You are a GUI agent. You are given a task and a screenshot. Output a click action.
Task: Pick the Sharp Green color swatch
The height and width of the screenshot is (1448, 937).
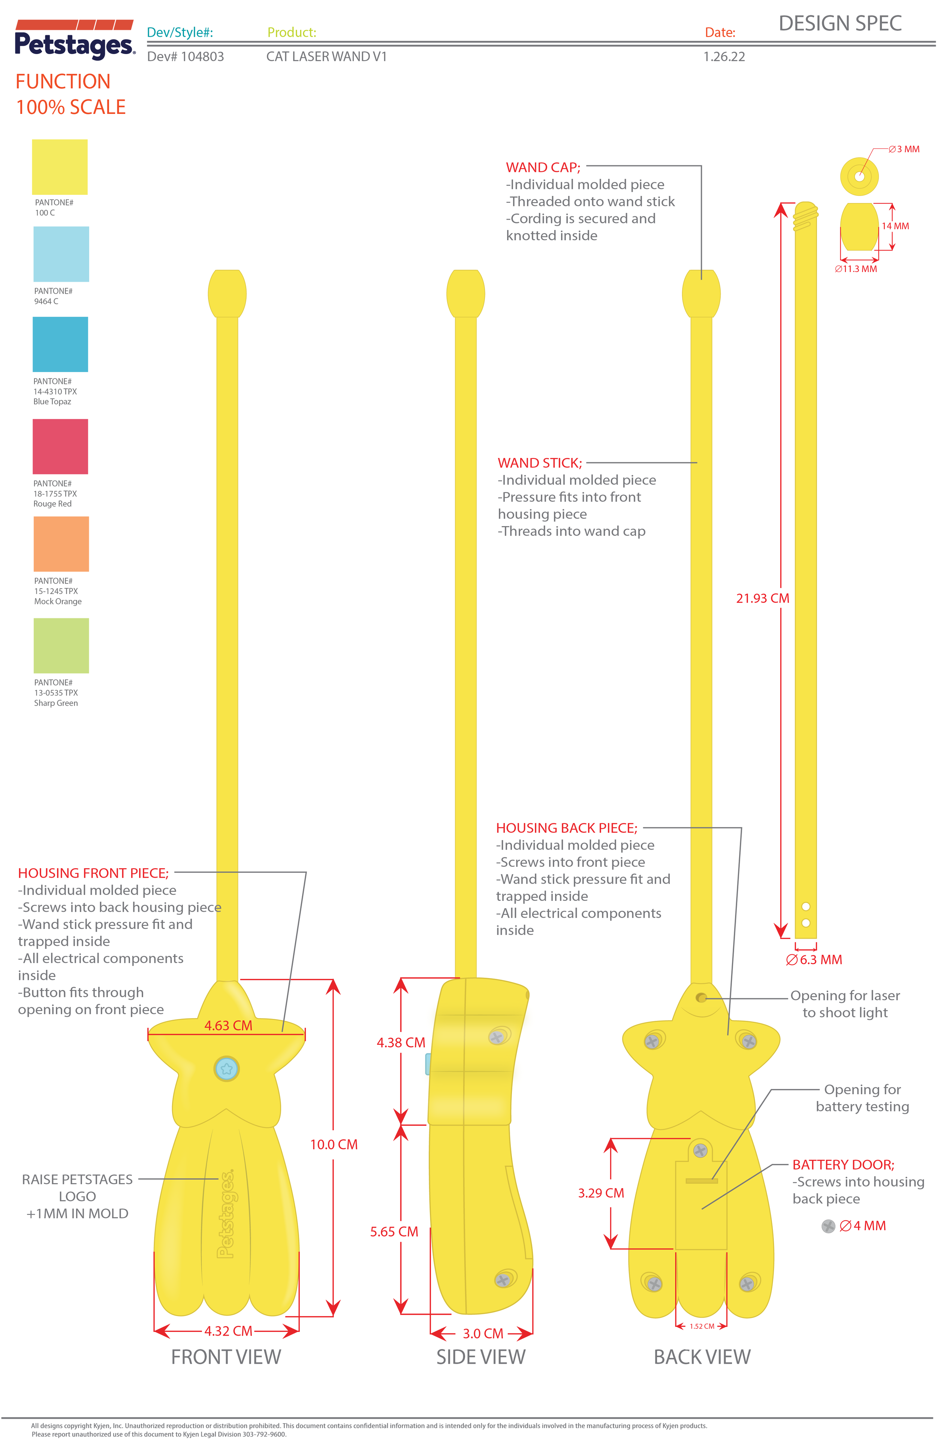tap(61, 646)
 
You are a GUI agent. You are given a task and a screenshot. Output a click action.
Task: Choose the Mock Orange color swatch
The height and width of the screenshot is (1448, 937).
tap(61, 543)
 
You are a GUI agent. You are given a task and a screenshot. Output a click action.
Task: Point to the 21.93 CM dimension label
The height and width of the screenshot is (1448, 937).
tap(762, 598)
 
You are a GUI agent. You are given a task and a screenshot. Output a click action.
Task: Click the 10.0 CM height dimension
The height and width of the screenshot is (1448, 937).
tap(334, 1144)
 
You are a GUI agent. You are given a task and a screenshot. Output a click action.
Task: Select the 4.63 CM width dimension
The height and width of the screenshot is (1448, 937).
tap(228, 1025)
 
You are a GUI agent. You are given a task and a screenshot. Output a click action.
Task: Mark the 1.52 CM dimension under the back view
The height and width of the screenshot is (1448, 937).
tap(702, 1326)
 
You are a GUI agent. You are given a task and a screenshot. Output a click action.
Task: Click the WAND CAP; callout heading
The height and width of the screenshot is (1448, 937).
tap(543, 167)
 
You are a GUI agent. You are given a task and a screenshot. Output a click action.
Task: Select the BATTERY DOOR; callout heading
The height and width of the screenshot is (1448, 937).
tap(843, 1164)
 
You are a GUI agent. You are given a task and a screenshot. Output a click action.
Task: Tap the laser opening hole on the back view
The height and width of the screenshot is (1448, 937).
tap(701, 998)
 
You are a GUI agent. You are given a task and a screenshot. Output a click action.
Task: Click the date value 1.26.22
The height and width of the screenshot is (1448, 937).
tap(724, 57)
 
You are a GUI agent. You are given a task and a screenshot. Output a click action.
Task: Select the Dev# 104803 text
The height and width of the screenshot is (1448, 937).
tap(186, 57)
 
